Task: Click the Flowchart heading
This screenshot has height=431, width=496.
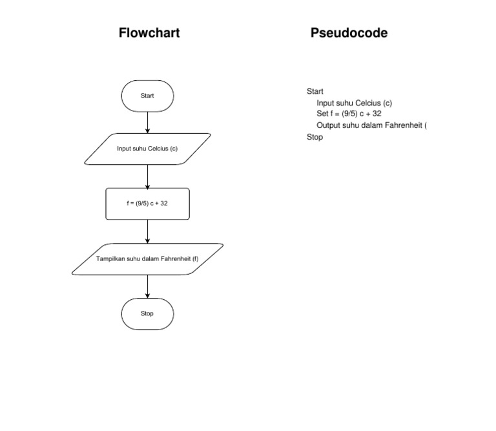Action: pos(149,33)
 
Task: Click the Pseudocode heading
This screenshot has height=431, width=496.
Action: pos(349,33)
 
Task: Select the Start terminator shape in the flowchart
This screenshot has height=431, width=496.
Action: pos(147,96)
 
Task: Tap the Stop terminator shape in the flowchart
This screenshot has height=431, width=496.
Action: pos(147,314)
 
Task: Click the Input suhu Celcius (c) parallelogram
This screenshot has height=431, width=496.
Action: pos(147,149)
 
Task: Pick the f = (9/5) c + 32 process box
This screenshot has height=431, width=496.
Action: pos(147,204)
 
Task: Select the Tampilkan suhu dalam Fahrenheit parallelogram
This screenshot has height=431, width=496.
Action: pos(147,258)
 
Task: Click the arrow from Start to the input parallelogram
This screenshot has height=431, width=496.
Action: pos(148,122)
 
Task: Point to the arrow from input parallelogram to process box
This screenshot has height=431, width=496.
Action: pos(148,176)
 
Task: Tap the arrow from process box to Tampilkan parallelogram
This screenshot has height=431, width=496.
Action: pos(148,231)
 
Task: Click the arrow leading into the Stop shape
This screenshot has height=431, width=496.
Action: pos(148,286)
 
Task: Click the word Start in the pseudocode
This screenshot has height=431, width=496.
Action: pos(315,91)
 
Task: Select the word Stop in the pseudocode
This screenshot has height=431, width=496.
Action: pos(315,137)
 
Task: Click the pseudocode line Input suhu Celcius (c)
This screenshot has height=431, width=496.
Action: pos(354,103)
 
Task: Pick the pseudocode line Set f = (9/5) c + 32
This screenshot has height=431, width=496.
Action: pos(349,114)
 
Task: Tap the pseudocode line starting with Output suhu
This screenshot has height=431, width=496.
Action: pos(371,125)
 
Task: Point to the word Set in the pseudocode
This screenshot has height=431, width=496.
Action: pos(322,114)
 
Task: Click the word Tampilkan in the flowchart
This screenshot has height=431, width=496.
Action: pos(110,258)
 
